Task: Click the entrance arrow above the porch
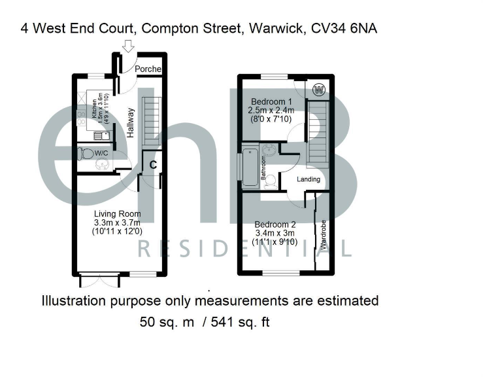pos(128,45)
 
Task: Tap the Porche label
pos(148,69)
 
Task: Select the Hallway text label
pos(131,122)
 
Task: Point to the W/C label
pos(101,153)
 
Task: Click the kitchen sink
pos(99,135)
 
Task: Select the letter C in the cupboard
pos(152,165)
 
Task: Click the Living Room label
pos(118,213)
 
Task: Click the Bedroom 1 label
pos(272,101)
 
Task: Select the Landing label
pos(309,179)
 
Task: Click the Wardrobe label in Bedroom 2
pos(324,236)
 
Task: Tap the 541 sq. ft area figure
pos(242,322)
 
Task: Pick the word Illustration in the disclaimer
pos(74,301)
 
